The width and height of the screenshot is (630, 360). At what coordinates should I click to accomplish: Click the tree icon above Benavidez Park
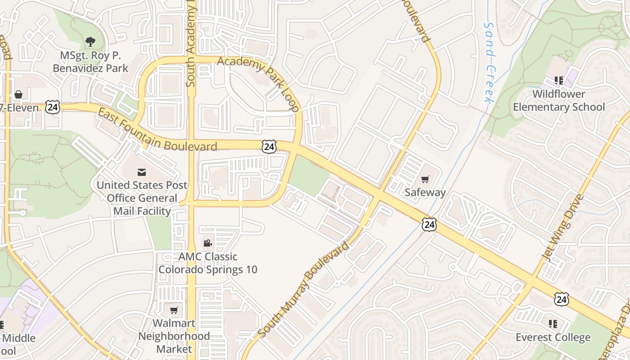coord(90,42)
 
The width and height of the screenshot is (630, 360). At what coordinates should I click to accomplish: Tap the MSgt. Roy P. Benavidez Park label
coord(90,62)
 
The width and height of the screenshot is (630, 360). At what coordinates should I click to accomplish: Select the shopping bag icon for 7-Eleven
coord(18,94)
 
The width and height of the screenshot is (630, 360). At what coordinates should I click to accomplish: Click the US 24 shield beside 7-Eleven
coord(53,108)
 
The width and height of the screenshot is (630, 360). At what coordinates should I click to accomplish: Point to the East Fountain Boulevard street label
coord(157,131)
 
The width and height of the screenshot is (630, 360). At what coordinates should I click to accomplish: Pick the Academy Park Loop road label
coord(259,83)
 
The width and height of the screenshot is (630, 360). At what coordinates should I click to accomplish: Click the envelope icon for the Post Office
coord(142,172)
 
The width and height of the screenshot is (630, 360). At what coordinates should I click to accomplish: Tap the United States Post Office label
coord(142,198)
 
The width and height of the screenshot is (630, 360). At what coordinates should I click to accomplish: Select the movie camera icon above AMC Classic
coord(207,243)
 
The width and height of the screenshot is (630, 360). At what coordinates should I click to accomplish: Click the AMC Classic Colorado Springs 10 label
coord(208,263)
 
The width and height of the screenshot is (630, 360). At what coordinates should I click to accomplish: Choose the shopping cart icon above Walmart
coord(174,310)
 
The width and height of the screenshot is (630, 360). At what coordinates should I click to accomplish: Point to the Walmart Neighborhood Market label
coord(174,336)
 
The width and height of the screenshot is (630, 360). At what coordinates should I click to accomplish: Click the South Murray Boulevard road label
coord(303,290)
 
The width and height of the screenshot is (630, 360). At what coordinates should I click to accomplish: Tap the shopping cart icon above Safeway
coord(425,179)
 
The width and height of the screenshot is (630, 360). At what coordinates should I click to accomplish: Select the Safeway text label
coord(425,193)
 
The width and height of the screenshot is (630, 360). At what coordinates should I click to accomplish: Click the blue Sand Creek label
coord(489,63)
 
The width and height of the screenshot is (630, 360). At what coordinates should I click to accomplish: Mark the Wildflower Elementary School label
coord(559,100)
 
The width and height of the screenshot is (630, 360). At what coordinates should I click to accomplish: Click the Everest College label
coord(553,337)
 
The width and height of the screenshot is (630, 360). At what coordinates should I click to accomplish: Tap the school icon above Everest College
coord(553,324)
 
